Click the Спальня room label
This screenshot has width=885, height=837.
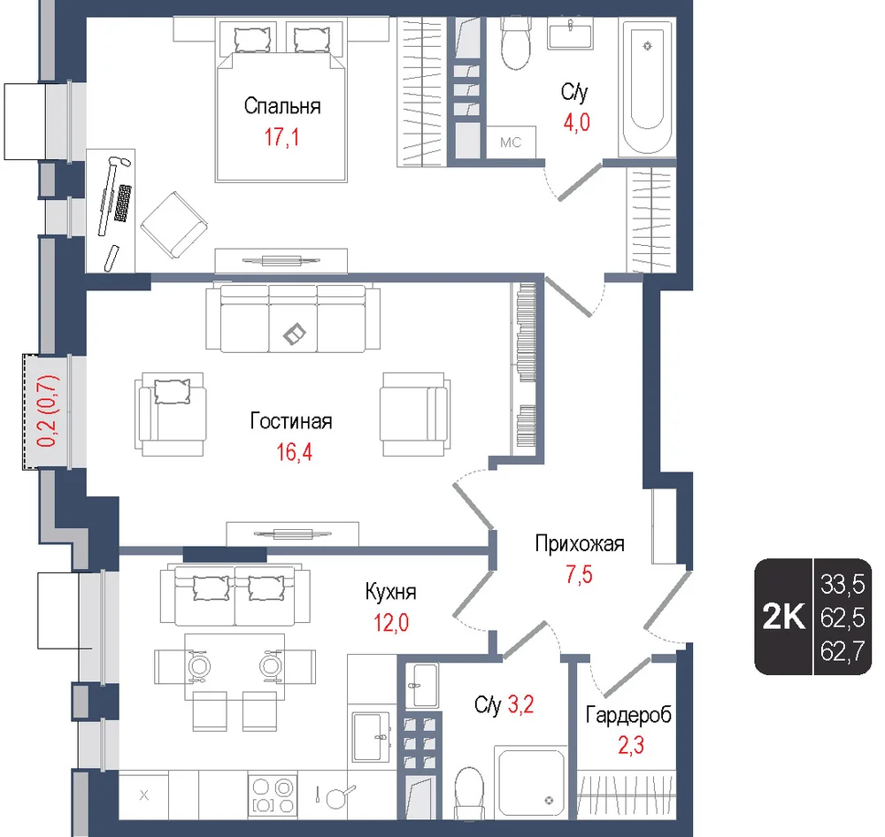tap(282, 106)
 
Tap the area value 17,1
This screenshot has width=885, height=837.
tap(281, 137)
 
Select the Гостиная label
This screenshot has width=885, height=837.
tap(291, 421)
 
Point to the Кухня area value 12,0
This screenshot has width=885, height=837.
tap(391, 623)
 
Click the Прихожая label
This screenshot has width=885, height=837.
tap(580, 543)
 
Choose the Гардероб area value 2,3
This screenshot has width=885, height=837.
tap(631, 746)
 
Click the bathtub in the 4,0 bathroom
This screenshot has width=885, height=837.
tap(647, 87)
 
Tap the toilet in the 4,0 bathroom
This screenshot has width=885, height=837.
tap(516, 43)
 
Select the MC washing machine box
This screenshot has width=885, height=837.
tap(512, 142)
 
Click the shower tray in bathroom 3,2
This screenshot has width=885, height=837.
tap(530, 781)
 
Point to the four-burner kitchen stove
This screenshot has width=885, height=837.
tap(273, 795)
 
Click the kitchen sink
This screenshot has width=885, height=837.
tap(371, 736)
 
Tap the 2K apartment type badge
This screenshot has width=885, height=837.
tap(783, 617)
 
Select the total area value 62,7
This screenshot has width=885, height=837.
tap(843, 652)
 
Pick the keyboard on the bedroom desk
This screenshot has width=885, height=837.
tap(123, 203)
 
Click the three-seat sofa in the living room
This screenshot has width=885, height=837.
tap(293, 319)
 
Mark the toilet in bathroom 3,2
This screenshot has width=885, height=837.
tap(470, 791)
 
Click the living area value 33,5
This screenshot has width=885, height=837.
tap(843, 585)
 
